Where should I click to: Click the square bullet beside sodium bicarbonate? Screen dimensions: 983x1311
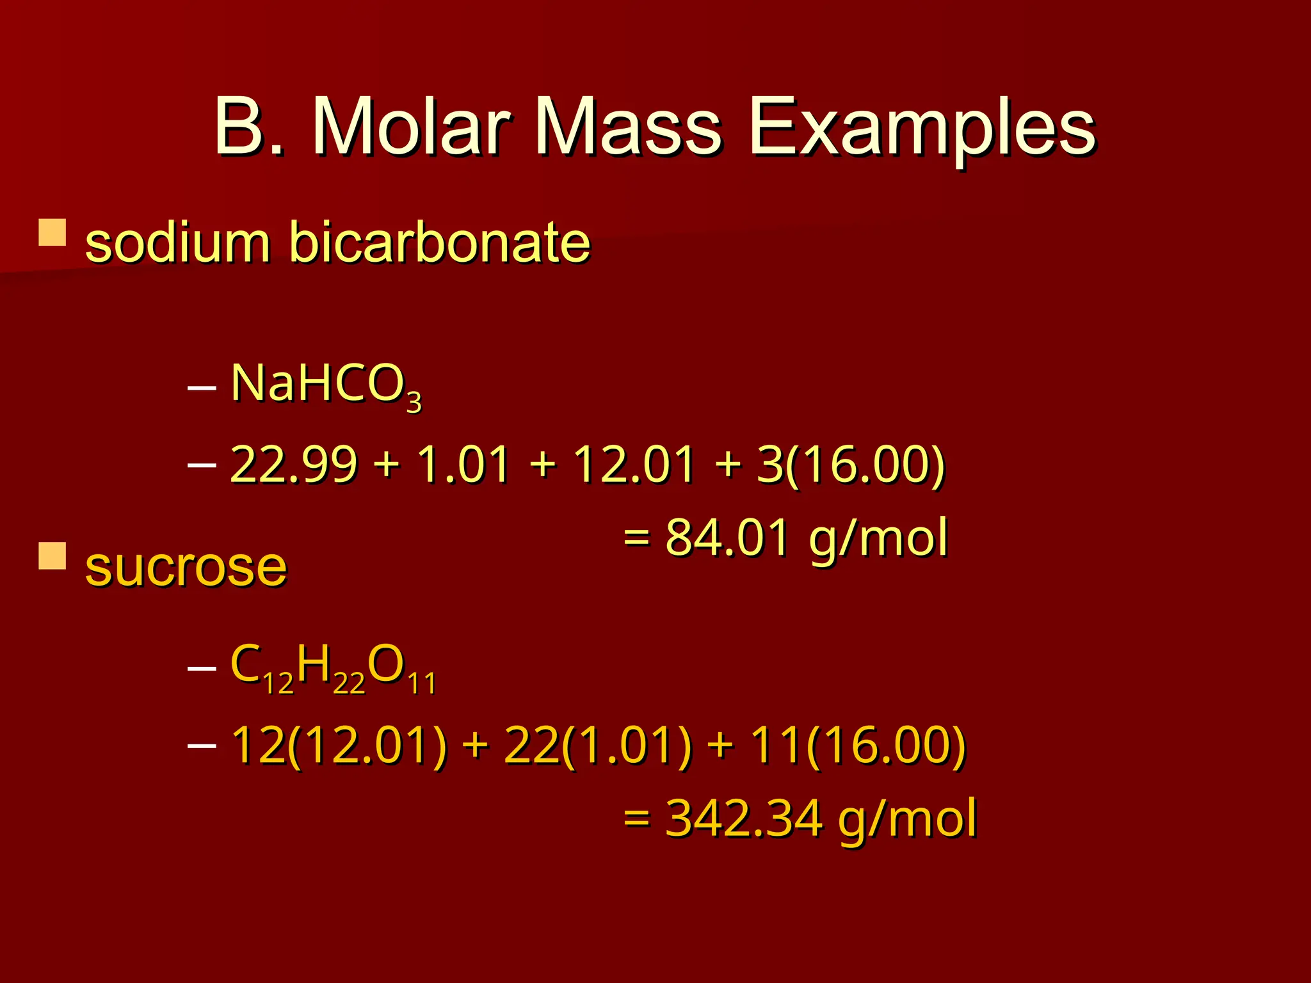coord(52,233)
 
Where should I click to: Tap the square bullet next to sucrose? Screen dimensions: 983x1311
coord(52,556)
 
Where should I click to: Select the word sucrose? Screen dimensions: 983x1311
coord(186,567)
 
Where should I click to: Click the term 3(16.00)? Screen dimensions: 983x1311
coord(850,464)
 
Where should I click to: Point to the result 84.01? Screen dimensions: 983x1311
coord(727,538)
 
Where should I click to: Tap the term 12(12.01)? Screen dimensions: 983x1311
coord(338,746)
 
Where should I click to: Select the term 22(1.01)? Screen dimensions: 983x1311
coord(598,746)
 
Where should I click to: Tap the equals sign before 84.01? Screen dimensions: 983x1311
coord(637,538)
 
